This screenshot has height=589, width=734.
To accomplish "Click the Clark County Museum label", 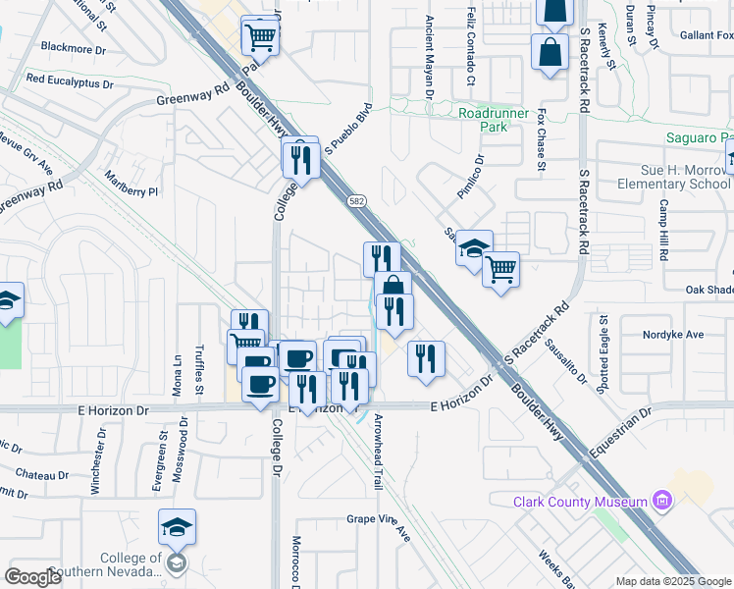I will pos(580,503).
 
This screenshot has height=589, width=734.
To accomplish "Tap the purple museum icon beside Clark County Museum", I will pos(662,503).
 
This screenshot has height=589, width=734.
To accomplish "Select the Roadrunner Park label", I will pos(495,120).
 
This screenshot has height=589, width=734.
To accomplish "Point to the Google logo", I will pos(33,577).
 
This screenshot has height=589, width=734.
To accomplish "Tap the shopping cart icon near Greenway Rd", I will pos(261,38).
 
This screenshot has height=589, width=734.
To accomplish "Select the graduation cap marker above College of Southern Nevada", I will pos(178,529).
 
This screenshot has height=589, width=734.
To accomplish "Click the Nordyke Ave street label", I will pos(673,335).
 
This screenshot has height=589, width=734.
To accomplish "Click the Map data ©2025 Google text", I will pos(673,580).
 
